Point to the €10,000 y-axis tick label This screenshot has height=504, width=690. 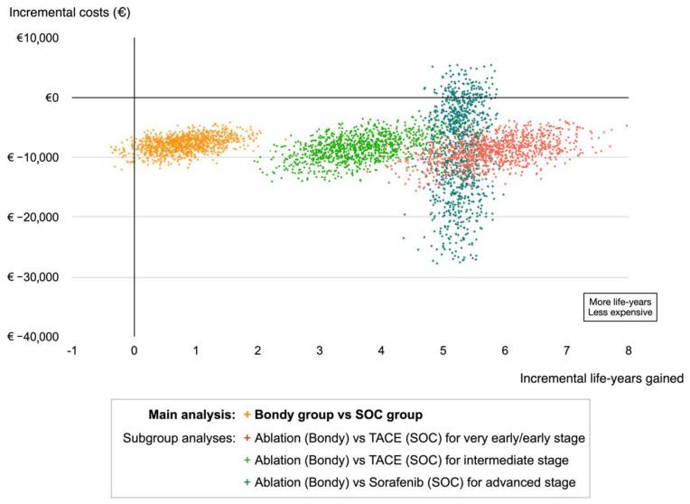pyautogui.click(x=36, y=38)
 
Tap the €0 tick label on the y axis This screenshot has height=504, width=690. pyautogui.click(x=45, y=98)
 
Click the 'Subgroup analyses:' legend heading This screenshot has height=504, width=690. pyautogui.click(x=179, y=436)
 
